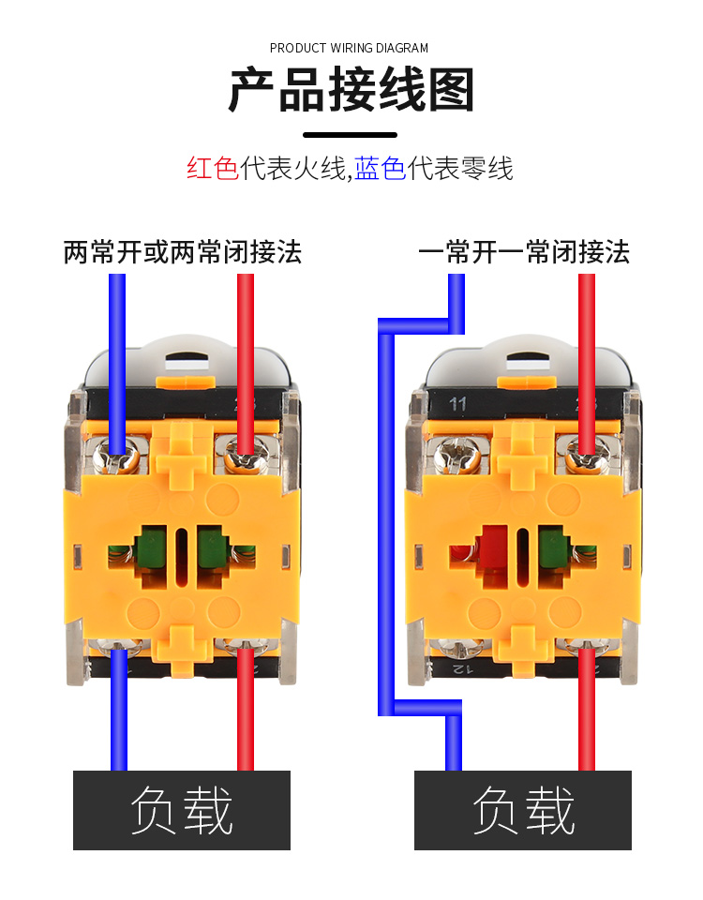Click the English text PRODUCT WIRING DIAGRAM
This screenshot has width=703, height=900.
349,48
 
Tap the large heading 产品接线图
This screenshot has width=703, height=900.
351,91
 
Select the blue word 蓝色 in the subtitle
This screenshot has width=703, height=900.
381,169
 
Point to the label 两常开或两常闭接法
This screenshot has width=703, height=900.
183,252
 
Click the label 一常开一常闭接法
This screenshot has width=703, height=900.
524,252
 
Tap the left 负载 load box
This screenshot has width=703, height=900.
182,810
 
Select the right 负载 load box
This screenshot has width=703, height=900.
523,810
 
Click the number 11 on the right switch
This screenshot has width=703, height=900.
458,405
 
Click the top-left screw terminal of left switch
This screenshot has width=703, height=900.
120,457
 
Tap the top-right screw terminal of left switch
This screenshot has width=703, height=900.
245,457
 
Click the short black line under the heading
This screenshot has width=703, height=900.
351,136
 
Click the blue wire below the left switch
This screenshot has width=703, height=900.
119,722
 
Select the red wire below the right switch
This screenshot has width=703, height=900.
587,722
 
